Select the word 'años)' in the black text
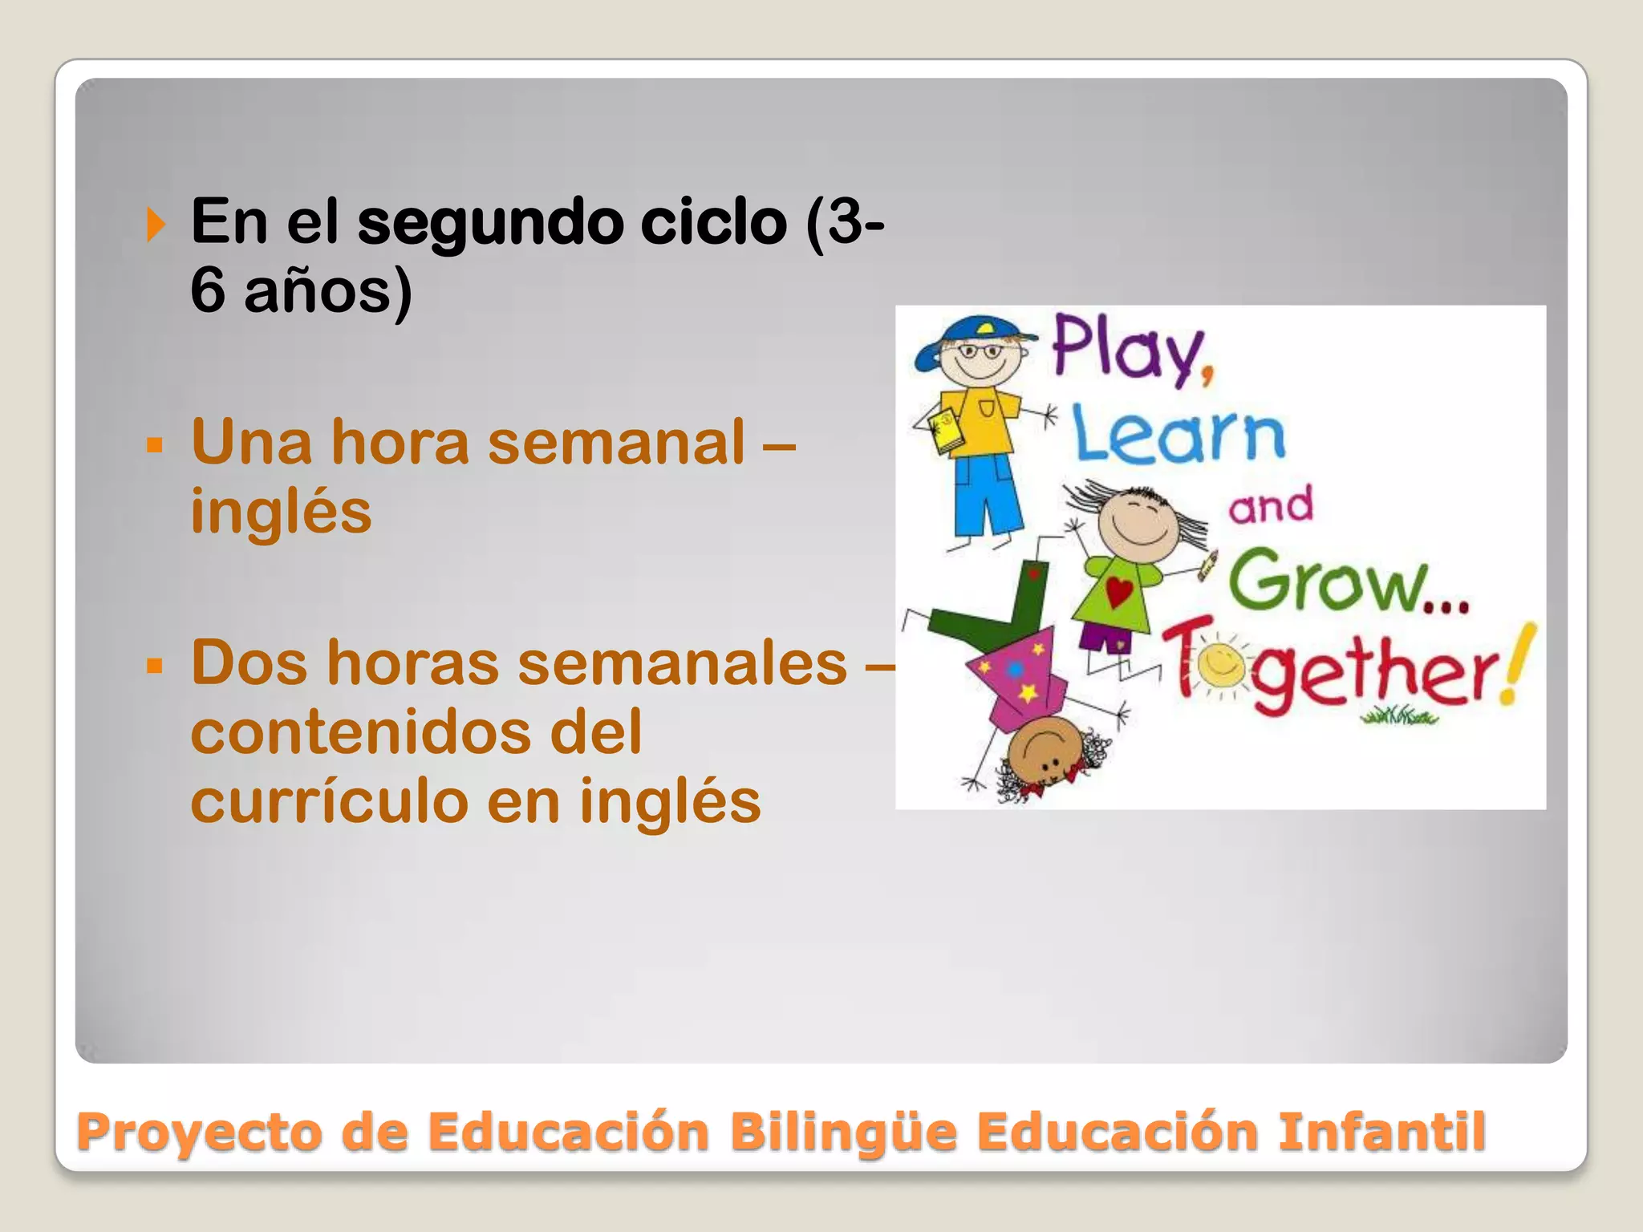[328, 291]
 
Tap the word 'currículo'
[330, 800]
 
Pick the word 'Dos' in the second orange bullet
[249, 663]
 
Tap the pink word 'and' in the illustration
[1271, 505]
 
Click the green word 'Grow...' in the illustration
[1348, 582]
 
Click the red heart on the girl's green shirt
[1119, 592]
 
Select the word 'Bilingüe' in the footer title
[843, 1132]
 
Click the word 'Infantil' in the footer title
[1381, 1132]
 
